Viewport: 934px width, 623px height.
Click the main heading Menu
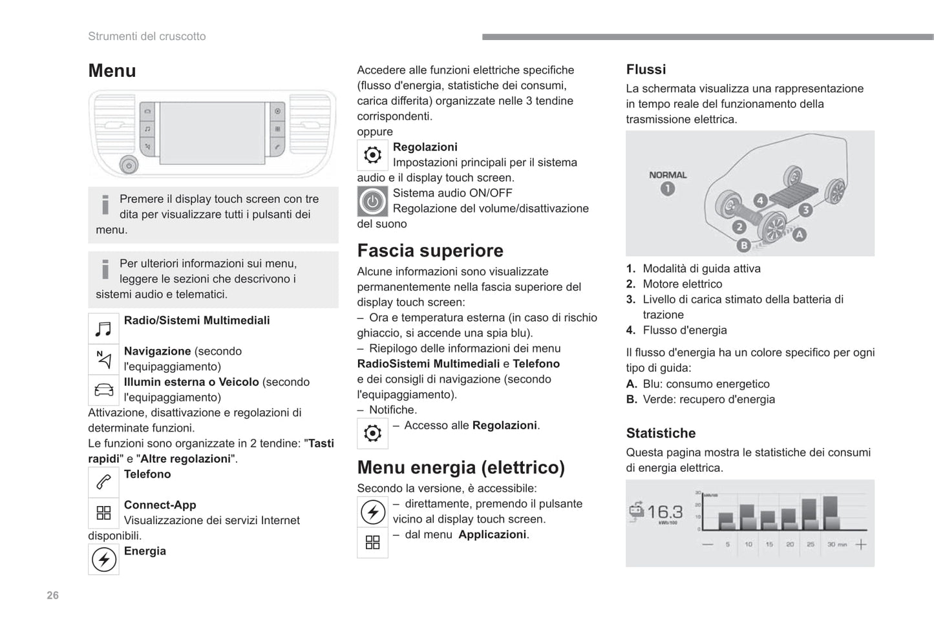tap(112, 70)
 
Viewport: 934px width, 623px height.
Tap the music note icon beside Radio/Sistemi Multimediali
tap(103, 329)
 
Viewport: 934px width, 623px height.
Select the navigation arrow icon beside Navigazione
tap(103, 359)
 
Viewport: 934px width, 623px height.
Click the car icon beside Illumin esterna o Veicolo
tap(103, 390)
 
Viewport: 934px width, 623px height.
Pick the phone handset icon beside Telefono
tap(103, 482)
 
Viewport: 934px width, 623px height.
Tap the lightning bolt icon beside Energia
tap(103, 560)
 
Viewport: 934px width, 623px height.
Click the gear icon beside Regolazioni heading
tap(372, 155)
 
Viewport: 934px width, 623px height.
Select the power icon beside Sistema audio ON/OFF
tap(372, 202)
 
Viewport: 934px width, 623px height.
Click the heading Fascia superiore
tap(430, 251)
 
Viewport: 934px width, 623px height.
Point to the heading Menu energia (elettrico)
tap(461, 467)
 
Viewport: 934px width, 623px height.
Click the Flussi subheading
tap(646, 69)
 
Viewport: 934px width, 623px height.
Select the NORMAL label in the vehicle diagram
tap(668, 175)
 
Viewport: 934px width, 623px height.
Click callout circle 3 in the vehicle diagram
tap(805, 209)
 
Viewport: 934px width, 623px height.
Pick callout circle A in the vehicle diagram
tap(800, 235)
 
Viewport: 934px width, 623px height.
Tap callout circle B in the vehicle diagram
tap(744, 246)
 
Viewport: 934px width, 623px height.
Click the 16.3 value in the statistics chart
tap(664, 512)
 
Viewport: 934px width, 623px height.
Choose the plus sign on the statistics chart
tap(861, 545)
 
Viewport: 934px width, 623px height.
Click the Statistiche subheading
tap(661, 433)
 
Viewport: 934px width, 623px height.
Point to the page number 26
tap(53, 595)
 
